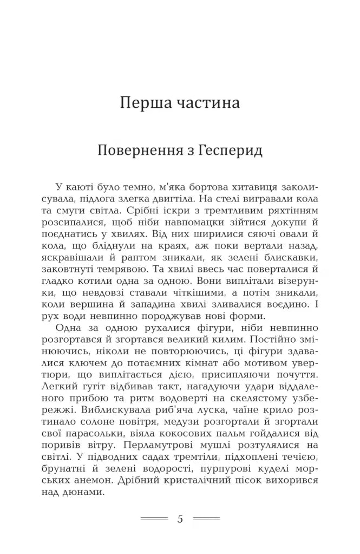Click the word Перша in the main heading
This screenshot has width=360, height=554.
pyautogui.click(x=144, y=102)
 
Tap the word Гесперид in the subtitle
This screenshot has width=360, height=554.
pyautogui.click(x=230, y=150)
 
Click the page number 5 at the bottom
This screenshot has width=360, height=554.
pyautogui.click(x=180, y=519)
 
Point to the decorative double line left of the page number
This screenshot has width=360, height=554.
pyautogui.click(x=154, y=519)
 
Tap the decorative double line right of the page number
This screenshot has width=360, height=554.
pyautogui.click(x=206, y=519)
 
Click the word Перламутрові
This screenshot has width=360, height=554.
pyautogui.click(x=157, y=445)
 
